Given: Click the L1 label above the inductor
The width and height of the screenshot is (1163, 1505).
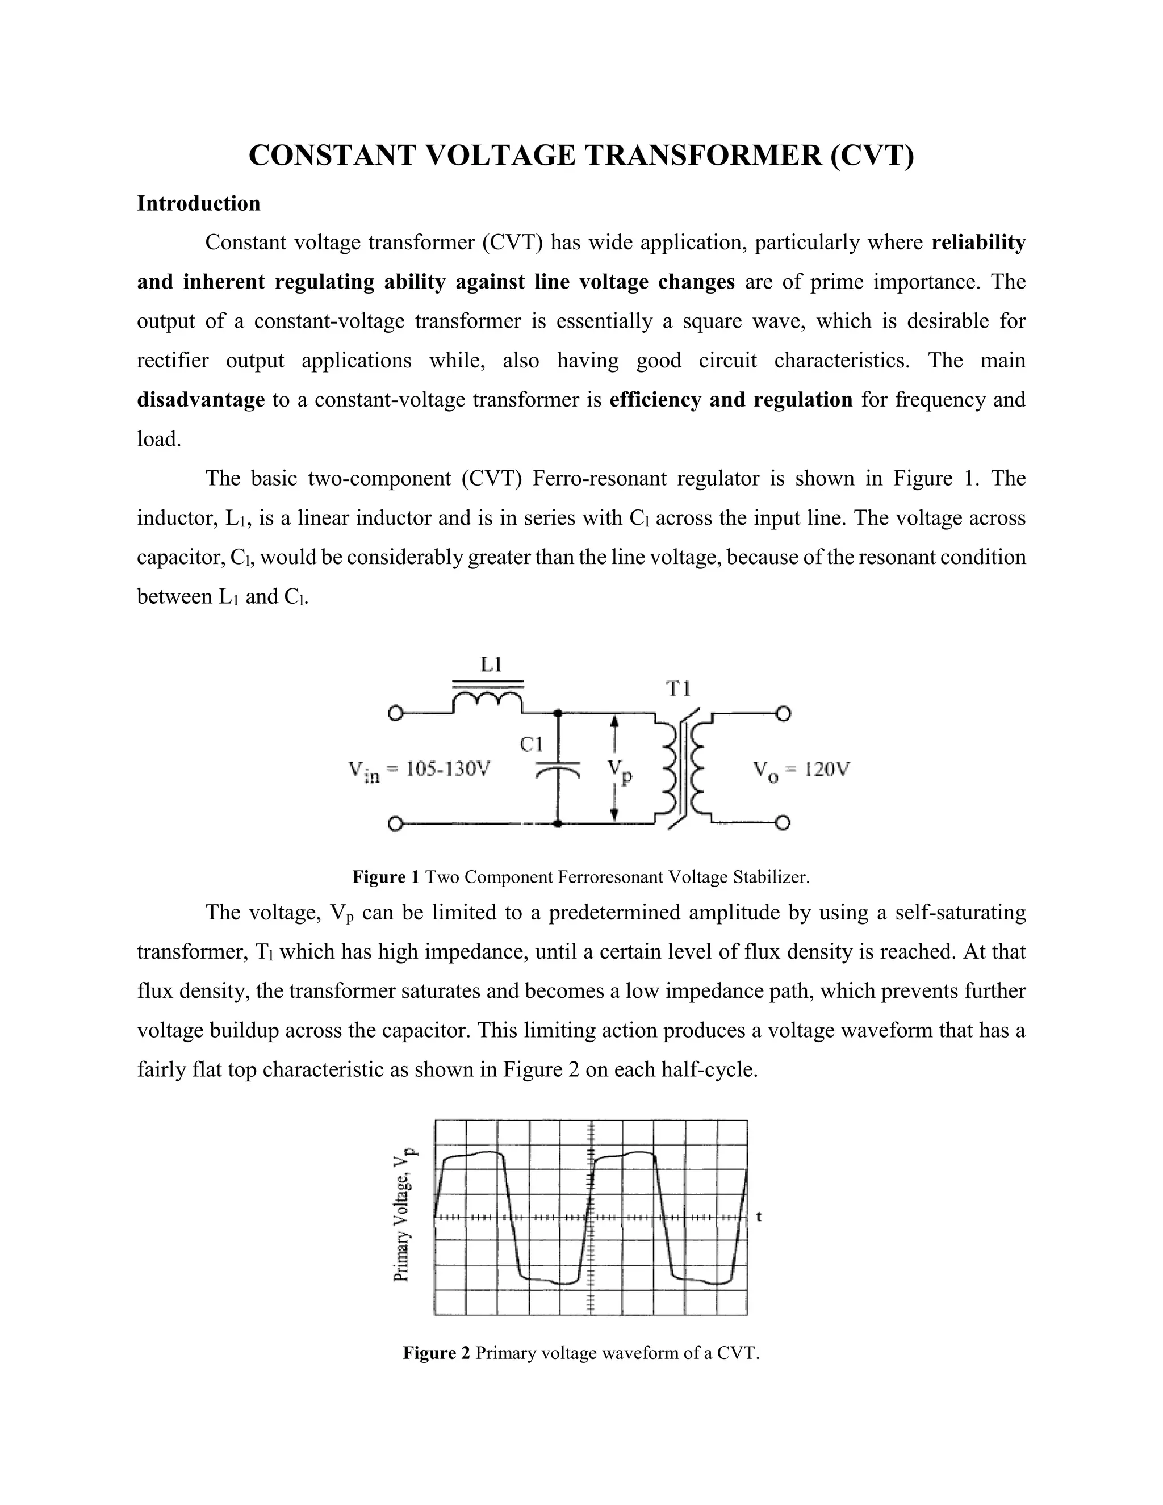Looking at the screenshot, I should point(491,664).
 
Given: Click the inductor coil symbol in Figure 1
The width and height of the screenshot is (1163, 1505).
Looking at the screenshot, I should point(487,701).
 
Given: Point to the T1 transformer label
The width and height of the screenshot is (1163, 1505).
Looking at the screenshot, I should point(679,688).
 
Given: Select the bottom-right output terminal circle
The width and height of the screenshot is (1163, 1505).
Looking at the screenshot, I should point(783,823).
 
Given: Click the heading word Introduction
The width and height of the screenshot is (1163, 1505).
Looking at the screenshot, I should point(198,203).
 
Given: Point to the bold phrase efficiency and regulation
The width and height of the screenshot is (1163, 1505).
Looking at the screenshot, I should point(730,400).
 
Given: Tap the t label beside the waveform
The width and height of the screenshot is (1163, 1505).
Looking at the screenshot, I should point(759,1216).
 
